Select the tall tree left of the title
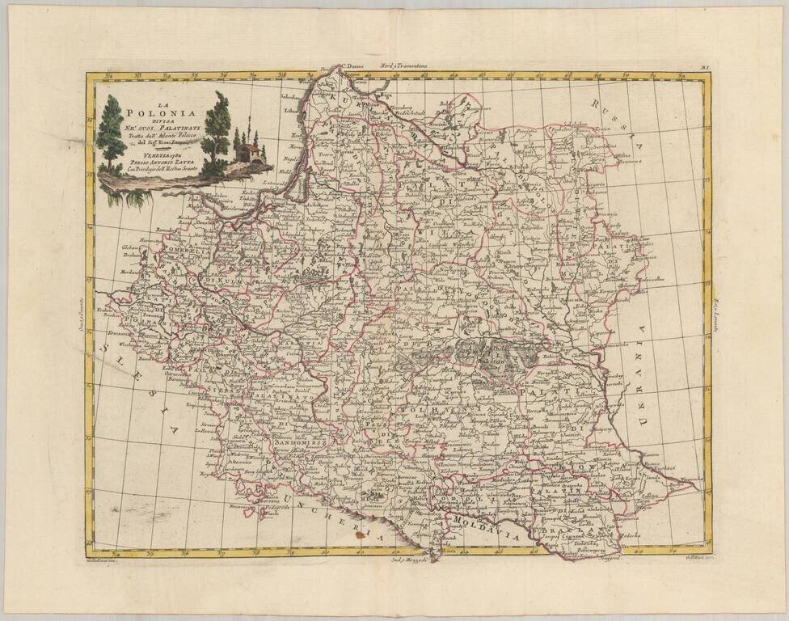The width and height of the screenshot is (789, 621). pos(110,133)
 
